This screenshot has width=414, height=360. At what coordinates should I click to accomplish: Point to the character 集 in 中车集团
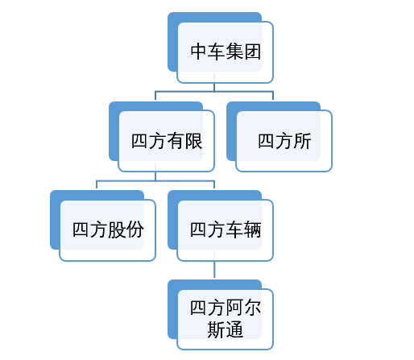(x=234, y=52)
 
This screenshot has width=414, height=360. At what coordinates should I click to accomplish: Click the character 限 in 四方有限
(x=193, y=141)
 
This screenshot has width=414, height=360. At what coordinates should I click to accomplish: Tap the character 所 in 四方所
(x=302, y=141)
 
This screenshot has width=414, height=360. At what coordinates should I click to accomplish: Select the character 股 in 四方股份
(x=117, y=230)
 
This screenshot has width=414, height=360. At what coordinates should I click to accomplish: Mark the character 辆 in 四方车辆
(x=252, y=230)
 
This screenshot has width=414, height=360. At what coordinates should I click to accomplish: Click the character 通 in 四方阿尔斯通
(x=234, y=329)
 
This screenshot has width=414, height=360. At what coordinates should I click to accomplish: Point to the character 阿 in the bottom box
(x=234, y=308)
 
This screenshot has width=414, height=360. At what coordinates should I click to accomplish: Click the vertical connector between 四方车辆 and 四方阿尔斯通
(x=214, y=269)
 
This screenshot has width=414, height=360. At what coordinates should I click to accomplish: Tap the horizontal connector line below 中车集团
(x=214, y=92)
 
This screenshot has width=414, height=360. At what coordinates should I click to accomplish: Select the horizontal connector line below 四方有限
(x=155, y=180)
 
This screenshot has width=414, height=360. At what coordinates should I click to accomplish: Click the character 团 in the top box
(x=252, y=52)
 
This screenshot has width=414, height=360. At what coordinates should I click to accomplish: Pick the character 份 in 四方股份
(x=135, y=230)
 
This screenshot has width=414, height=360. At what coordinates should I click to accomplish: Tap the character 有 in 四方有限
(x=176, y=141)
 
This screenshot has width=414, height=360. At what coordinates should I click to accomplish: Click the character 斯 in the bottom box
(x=217, y=329)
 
